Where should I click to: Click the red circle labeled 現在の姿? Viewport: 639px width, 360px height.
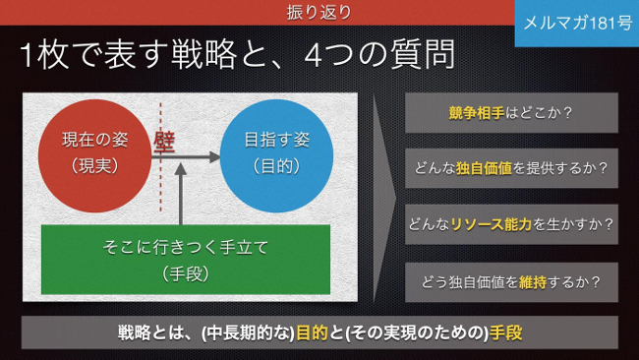pyautogui.click(x=94, y=155)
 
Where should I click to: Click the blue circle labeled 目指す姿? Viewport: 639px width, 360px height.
pyautogui.click(x=276, y=155)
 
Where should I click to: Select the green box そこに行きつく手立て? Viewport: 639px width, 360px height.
pyautogui.click(x=186, y=260)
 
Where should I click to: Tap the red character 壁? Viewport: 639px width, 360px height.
pyautogui.click(x=164, y=143)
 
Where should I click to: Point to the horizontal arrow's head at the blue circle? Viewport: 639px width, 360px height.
pyautogui.click(x=214, y=156)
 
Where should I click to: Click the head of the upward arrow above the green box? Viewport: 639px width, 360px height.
pyautogui.click(x=181, y=169)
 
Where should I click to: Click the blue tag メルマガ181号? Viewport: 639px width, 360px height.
pyautogui.click(x=577, y=24)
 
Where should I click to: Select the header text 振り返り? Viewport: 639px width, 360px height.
pyautogui.click(x=319, y=12)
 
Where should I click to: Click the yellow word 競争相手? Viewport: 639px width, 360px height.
pyautogui.click(x=477, y=113)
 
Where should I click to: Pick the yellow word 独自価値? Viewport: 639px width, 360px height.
pyautogui.click(x=484, y=168)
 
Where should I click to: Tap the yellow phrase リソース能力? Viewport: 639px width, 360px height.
pyautogui.click(x=492, y=224)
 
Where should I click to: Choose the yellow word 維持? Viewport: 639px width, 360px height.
pyautogui.click(x=533, y=282)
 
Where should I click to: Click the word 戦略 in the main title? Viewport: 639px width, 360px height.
pyautogui.click(x=204, y=55)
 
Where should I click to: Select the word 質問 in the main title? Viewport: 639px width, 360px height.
pyautogui.click(x=423, y=55)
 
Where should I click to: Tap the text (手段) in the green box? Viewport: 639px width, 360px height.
pyautogui.click(x=186, y=274)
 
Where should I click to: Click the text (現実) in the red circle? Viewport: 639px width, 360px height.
pyautogui.click(x=94, y=165)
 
